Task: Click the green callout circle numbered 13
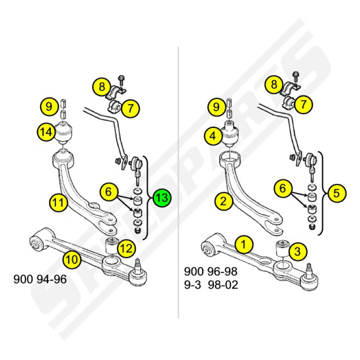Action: tap(162, 198)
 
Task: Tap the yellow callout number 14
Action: tap(46, 132)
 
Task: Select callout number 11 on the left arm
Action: tap(58, 203)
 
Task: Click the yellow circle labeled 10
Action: tap(72, 260)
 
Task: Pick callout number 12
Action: tap(126, 249)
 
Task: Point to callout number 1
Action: tap(244, 244)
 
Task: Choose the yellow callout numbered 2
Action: tap(224, 201)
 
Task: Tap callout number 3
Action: tap(298, 251)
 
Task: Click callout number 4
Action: tap(213, 136)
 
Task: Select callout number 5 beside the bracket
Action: tap(337, 193)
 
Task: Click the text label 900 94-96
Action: tap(40, 279)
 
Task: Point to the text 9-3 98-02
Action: tap(211, 285)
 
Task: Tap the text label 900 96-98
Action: tap(211, 271)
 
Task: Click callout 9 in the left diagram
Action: tap(49, 107)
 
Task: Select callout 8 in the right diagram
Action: tap(274, 85)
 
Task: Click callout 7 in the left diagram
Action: tap(130, 108)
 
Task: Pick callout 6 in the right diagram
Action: tap(283, 188)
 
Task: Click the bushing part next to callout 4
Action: tap(230, 134)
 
